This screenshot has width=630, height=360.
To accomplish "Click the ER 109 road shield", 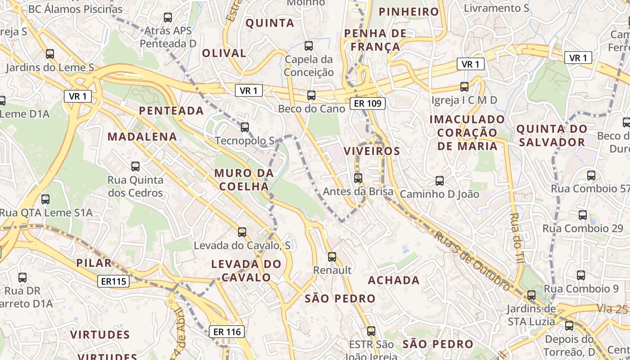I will coord(368,104).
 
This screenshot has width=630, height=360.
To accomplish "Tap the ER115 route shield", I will coord(114,282).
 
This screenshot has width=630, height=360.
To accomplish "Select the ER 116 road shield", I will coord(227,332).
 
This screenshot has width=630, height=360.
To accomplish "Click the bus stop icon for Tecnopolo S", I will coord(245,127).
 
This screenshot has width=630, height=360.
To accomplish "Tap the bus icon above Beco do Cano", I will coord(311,95).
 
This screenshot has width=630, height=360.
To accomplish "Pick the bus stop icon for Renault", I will coord(332,257).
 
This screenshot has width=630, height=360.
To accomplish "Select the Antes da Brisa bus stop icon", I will coord(358,178).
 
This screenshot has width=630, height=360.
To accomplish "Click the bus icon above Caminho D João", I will coord(440,181).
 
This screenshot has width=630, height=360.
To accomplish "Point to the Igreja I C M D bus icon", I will coord(464,87).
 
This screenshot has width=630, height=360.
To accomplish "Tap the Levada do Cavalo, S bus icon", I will coord(242,232).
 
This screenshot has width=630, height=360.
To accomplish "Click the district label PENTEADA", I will coord(171,111).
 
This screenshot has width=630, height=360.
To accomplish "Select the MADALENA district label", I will coord(142,137).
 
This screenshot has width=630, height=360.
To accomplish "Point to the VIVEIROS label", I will coord(372,151).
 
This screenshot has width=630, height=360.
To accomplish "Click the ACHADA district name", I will coord(394,280).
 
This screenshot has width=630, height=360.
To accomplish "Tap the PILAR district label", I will coord(94,263).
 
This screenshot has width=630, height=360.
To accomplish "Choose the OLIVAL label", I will coord(224,53).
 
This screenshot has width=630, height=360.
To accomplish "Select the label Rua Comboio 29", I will coord(583,228).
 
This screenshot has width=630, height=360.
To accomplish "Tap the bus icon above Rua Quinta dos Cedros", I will coord(135,166).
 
